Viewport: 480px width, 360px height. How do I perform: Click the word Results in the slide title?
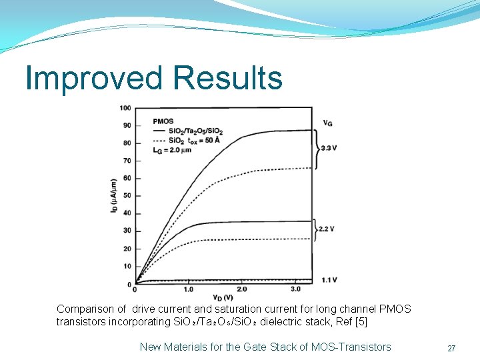pos(227,78)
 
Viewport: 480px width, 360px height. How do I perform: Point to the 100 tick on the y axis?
pos(125,108)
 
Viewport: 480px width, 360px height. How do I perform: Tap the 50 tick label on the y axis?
pos(126,195)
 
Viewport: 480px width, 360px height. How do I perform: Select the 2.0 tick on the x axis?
pos(241,289)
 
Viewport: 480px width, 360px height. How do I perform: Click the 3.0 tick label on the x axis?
pos(295,289)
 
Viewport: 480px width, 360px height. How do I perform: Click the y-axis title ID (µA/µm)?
pos(114,195)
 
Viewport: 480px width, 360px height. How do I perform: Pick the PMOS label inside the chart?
pos(163,121)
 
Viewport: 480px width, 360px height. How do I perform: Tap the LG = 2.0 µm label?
pos(172,150)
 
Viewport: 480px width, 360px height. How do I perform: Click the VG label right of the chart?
pos(328,123)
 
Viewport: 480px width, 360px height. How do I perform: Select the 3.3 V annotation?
pos(329,148)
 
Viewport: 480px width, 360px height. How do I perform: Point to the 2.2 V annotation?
pos(326,229)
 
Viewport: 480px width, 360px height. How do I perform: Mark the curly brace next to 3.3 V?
pos(316,148)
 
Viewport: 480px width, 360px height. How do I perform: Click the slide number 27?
pos(451,348)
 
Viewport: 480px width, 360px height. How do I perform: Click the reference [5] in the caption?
pos(361,322)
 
